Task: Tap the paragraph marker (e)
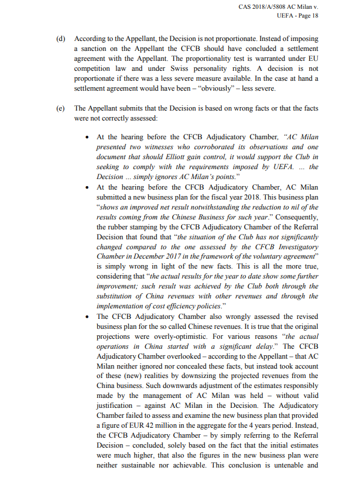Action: point(60,108)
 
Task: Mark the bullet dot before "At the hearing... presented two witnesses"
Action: point(87,136)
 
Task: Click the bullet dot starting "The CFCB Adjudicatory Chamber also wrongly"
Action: point(87,317)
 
